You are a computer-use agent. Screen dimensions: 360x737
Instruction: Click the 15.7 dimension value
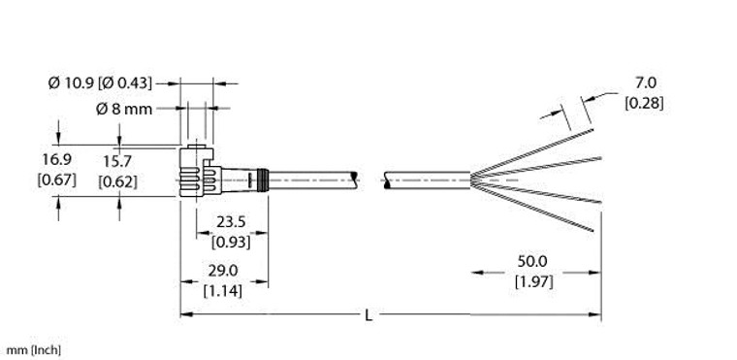(119, 159)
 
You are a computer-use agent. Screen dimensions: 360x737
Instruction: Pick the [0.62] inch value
(119, 180)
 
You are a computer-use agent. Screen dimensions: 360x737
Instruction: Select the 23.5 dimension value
(222, 220)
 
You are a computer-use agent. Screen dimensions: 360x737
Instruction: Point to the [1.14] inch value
(222, 290)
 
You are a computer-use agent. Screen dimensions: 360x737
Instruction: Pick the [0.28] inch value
(644, 104)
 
